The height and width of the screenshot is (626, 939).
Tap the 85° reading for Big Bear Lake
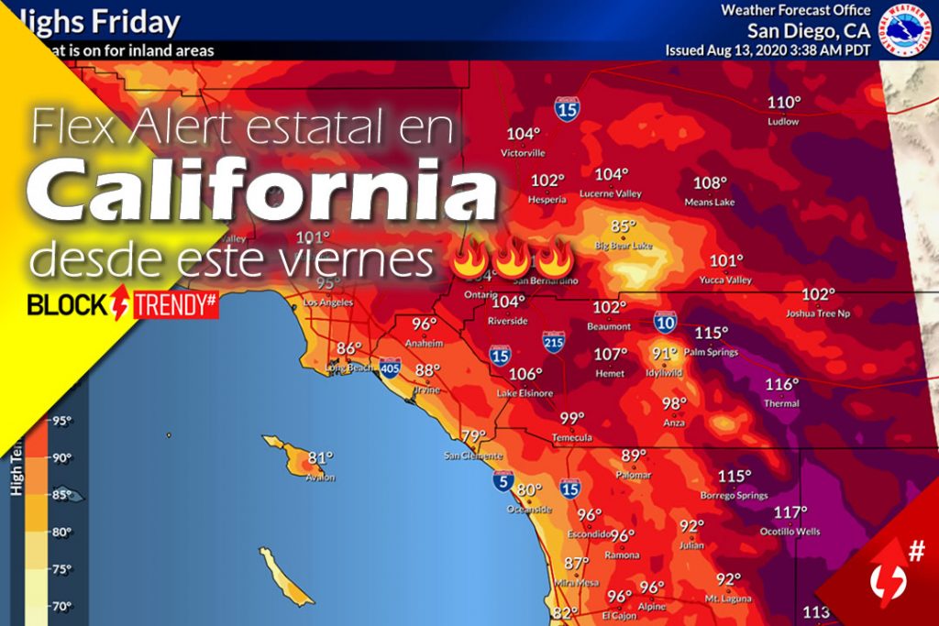624,226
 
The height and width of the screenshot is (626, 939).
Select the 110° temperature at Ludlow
784,103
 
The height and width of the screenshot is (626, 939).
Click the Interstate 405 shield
390,368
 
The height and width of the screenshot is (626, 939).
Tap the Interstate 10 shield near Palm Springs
666,322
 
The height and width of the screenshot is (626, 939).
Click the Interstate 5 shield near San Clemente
502,480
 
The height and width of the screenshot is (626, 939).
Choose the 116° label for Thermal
781,384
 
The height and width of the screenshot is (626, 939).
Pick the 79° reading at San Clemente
473,436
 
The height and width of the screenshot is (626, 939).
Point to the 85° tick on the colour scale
61,495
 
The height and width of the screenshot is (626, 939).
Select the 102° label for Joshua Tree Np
819,294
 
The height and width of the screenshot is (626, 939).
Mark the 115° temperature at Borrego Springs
735,477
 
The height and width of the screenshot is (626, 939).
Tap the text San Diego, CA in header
809,29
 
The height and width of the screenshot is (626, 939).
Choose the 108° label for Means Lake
710,182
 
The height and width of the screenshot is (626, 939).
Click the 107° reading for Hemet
611,354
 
